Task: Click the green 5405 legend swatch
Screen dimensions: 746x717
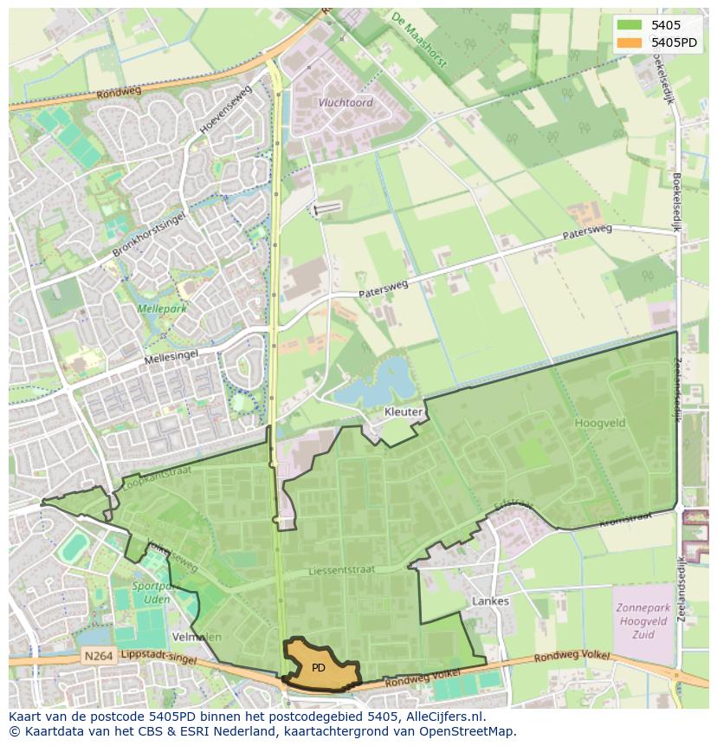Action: point(629,25)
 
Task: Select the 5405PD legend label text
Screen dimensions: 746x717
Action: point(675,42)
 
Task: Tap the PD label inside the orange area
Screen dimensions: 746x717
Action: point(319,668)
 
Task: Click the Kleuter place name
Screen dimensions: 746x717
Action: point(404,412)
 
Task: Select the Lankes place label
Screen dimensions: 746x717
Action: point(491,600)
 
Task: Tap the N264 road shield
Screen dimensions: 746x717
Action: point(99,657)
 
